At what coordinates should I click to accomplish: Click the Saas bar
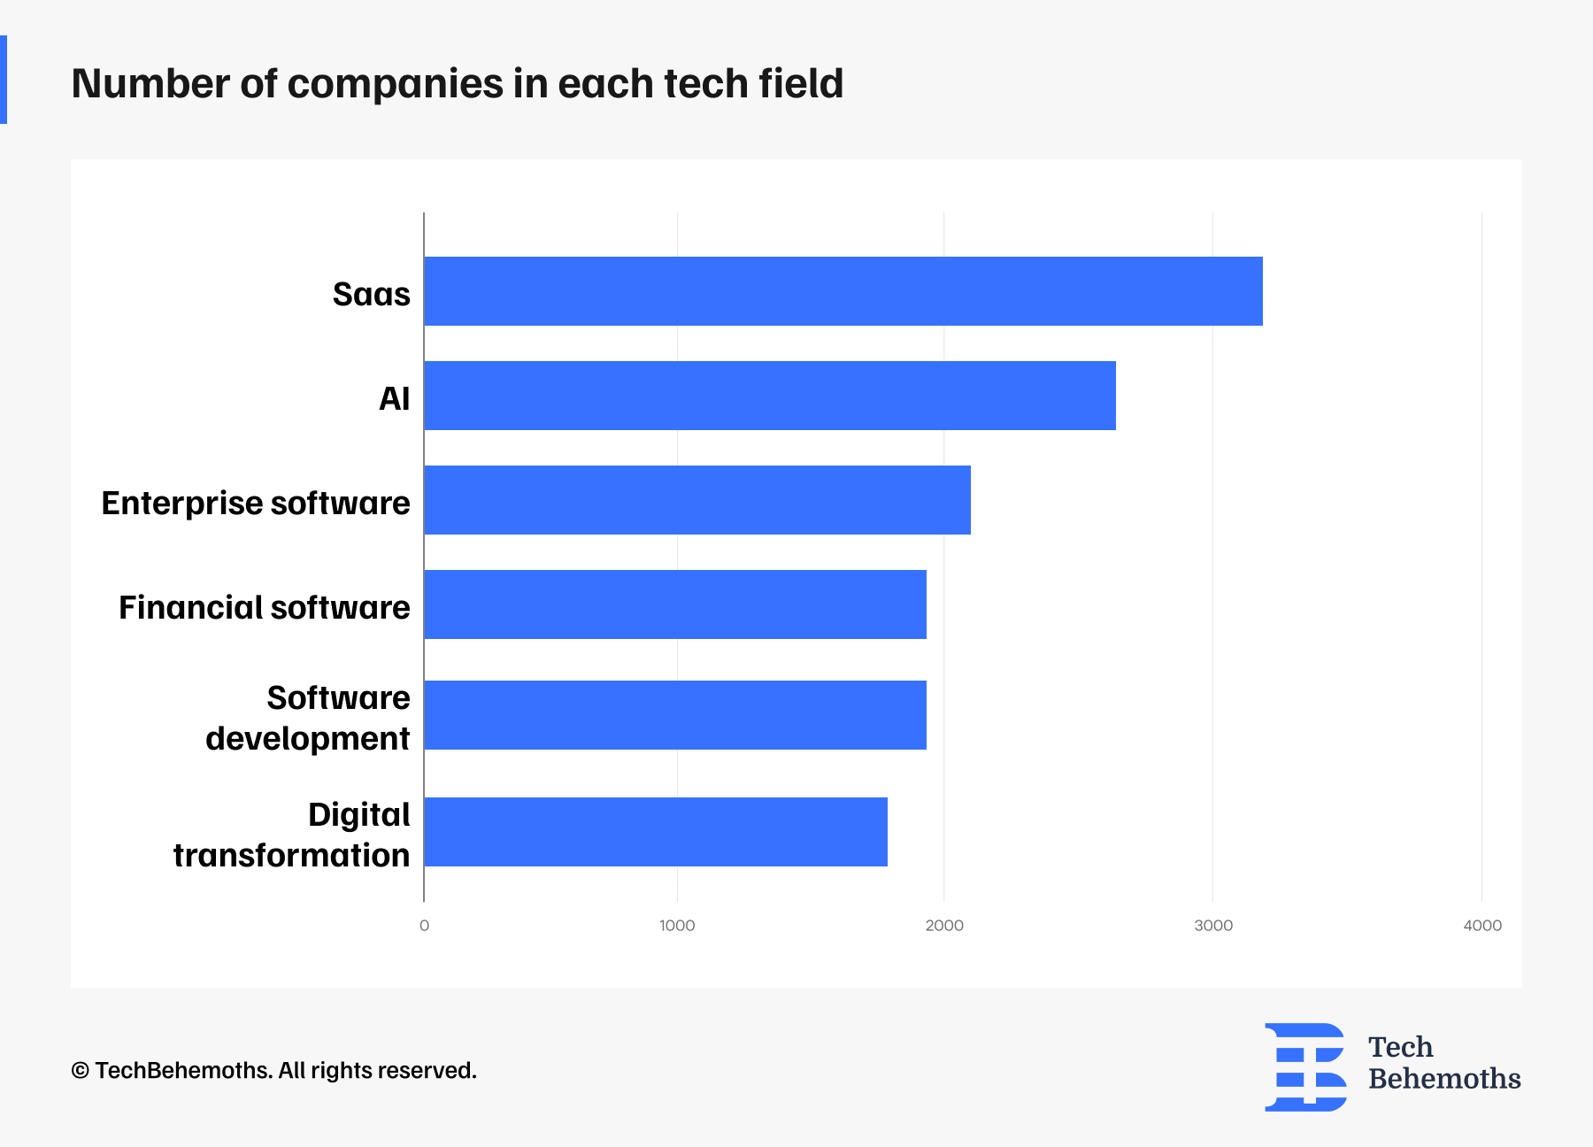point(843,291)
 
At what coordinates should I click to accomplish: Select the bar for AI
point(770,396)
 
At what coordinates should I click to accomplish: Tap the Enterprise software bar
point(697,500)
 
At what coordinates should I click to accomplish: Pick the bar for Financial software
point(675,604)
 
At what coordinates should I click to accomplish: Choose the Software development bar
point(675,715)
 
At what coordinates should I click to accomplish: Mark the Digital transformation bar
point(656,832)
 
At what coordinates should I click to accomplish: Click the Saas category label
point(371,294)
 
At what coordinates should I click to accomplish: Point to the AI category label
point(394,398)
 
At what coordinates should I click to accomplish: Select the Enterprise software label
point(256,503)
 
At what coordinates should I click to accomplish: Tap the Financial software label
point(264,607)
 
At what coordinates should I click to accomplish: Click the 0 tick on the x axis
point(424,926)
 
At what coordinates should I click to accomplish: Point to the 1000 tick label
point(677,926)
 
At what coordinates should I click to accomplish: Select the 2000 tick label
point(944,926)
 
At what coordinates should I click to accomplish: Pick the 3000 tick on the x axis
point(1212,926)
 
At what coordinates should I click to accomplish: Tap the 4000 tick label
point(1481,926)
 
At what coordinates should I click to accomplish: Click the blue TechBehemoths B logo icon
point(1305,1066)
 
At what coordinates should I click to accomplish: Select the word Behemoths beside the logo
point(1443,1079)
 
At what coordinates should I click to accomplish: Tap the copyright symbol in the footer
point(80,1071)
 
